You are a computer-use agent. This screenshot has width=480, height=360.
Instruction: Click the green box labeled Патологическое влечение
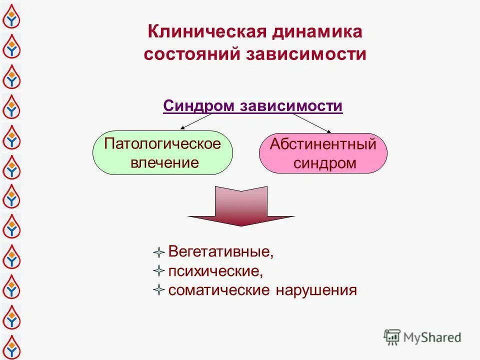click(x=163, y=152)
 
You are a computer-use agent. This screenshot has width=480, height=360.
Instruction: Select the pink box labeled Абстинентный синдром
click(x=323, y=153)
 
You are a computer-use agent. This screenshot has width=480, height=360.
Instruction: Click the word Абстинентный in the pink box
click(x=323, y=144)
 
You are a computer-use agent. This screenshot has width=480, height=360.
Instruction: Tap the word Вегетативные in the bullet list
click(x=220, y=251)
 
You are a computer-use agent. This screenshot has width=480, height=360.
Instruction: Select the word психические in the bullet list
click(x=215, y=271)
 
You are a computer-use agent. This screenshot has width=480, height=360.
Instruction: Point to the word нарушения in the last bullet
click(x=316, y=290)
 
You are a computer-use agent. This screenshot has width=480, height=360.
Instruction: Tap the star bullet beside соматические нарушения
click(x=158, y=290)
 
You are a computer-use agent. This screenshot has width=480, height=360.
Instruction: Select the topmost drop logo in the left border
click(x=10, y=17)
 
